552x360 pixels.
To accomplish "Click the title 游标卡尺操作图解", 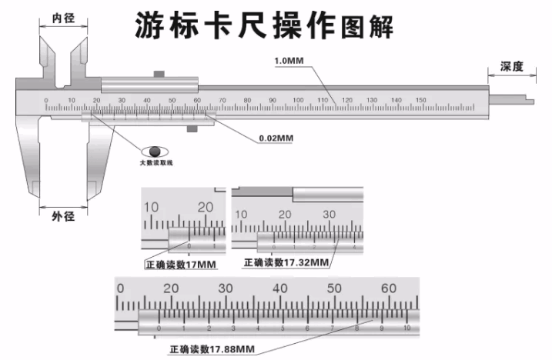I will point(264,25).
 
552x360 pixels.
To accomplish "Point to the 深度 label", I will point(512,67).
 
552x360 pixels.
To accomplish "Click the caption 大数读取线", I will point(156,164).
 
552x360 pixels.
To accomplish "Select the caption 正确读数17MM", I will point(179,265).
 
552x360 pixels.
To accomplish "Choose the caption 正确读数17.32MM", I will point(286,262).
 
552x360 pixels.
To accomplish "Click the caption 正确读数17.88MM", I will point(212,348).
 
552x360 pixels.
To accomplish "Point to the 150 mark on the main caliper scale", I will point(420,101).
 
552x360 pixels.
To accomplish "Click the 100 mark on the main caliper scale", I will point(297,101).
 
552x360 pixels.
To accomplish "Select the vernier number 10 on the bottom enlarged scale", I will point(407,328).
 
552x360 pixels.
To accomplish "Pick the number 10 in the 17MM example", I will point(151,207).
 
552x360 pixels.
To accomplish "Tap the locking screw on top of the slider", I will point(160,74).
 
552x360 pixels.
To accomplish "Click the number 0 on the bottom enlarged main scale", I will point(119,288).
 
